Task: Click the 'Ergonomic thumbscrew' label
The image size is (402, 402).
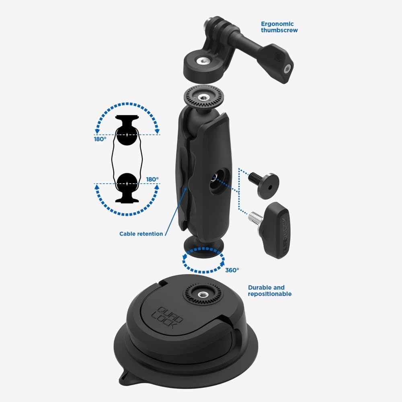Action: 279,27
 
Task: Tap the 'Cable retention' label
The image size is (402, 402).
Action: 141,234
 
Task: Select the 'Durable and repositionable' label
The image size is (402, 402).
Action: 270,291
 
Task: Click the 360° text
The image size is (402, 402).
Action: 232,270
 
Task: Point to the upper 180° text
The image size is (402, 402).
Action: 100,139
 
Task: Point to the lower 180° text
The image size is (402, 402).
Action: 152,179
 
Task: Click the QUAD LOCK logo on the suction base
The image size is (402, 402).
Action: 167,318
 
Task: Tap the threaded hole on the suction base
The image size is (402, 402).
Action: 203,294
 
